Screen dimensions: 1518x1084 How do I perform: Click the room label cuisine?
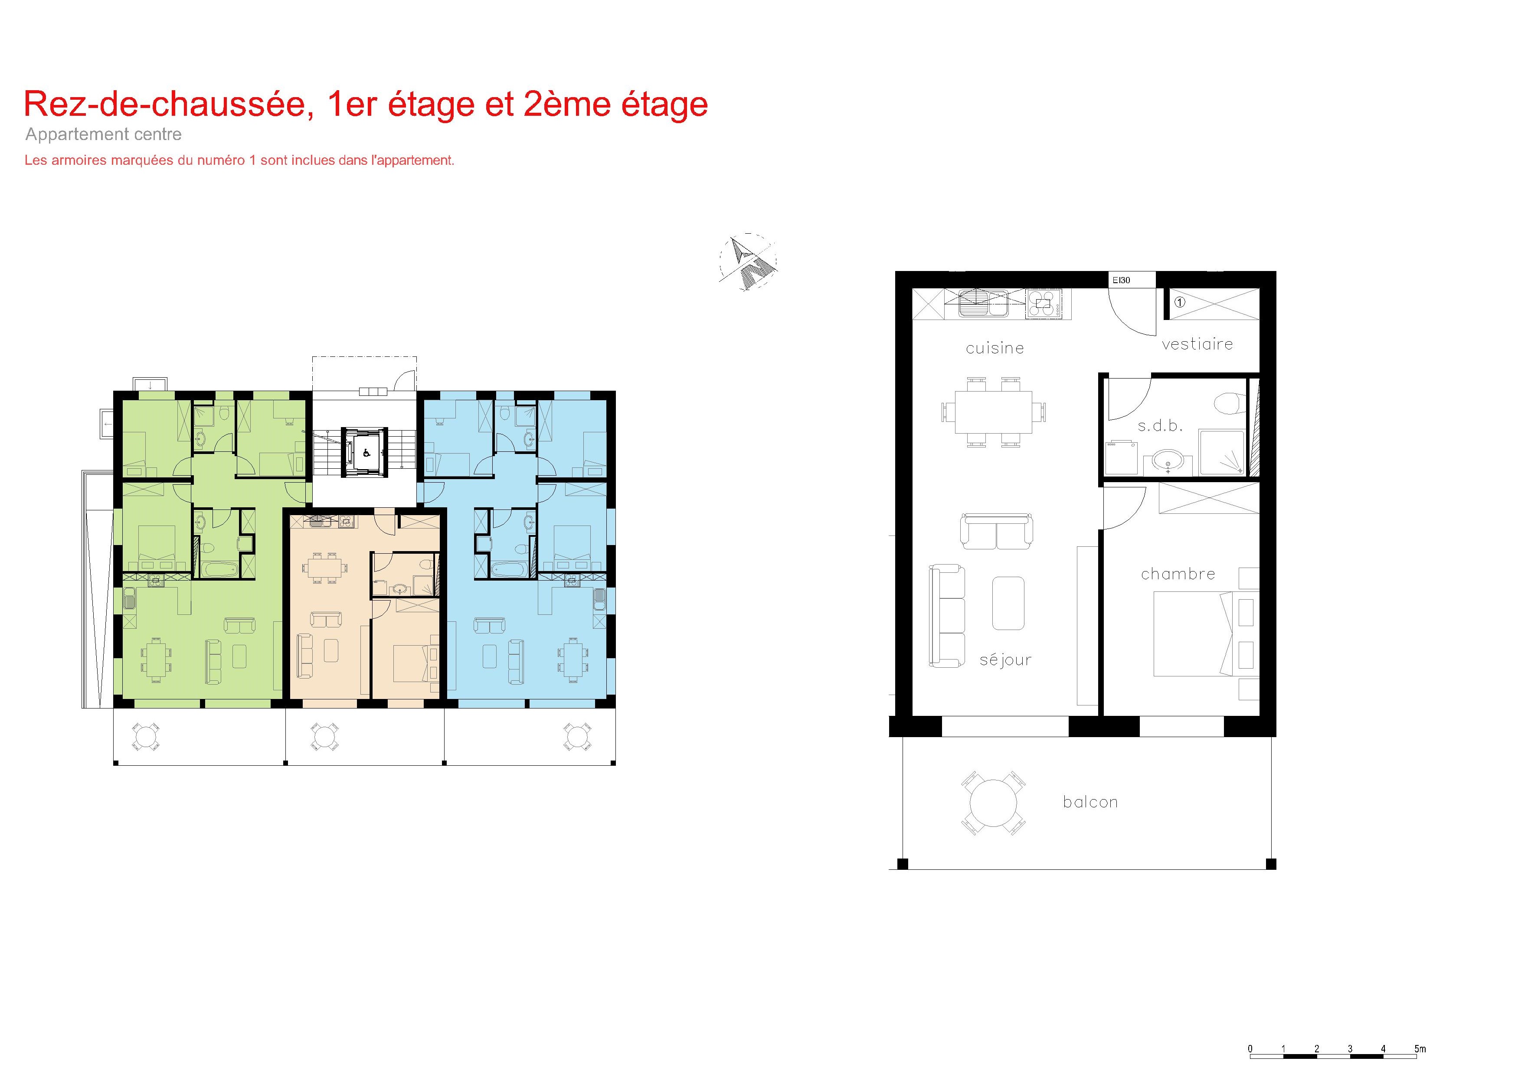(x=994, y=348)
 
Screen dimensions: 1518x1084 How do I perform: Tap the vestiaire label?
(x=1197, y=344)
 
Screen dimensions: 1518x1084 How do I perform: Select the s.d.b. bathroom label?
(x=1160, y=425)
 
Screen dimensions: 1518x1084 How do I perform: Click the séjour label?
(x=1005, y=660)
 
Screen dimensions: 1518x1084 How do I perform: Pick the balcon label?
(x=1090, y=802)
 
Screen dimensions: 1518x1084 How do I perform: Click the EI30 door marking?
(x=1122, y=281)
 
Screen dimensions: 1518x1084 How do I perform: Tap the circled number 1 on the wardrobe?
(x=1180, y=302)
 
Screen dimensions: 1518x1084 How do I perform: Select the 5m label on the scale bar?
(x=1420, y=1048)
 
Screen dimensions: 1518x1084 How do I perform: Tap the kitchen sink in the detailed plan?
(x=983, y=302)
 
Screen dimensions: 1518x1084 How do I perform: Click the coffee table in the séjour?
(x=1008, y=603)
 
